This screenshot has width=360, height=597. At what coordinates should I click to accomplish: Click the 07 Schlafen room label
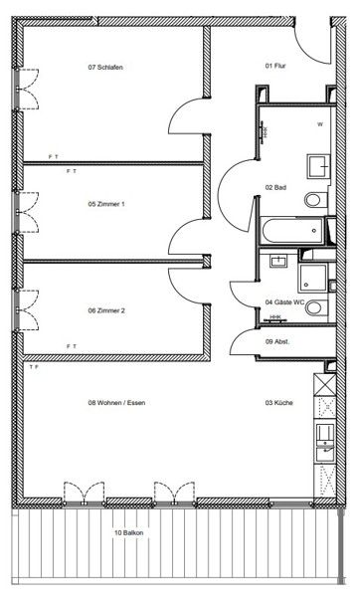pos(105,68)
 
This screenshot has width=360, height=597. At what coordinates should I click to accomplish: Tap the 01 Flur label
pos(275,66)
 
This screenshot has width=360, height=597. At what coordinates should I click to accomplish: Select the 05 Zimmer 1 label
pos(106,204)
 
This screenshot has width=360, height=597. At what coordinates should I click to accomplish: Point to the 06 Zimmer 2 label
pos(106,310)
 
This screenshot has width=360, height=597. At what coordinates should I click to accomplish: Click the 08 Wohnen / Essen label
pos(116,402)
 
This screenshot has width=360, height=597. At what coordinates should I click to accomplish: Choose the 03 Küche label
pos(278,402)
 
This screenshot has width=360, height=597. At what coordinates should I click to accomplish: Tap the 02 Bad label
pos(275,187)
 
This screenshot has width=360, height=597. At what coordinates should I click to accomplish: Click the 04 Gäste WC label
pos(284,302)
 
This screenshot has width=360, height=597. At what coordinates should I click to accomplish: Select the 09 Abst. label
pos(277,341)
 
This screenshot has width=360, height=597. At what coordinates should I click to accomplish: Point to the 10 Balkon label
pos(128,532)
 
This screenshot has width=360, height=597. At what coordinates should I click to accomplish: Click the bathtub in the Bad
pos(292,231)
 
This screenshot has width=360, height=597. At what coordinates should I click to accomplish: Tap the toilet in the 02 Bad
pos(316,200)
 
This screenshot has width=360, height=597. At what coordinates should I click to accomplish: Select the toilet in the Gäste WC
pos(317,307)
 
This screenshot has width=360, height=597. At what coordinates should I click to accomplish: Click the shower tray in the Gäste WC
pos(312,278)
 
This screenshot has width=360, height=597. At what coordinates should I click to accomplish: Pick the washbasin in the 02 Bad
pos(319,166)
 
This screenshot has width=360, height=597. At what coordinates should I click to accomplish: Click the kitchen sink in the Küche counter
pos(325,441)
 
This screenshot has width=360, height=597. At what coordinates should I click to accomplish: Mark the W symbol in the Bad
pos(320,124)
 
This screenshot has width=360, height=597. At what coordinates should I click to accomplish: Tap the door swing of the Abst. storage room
pos(244,342)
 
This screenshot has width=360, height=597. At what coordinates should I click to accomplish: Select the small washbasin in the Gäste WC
pos(278,261)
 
